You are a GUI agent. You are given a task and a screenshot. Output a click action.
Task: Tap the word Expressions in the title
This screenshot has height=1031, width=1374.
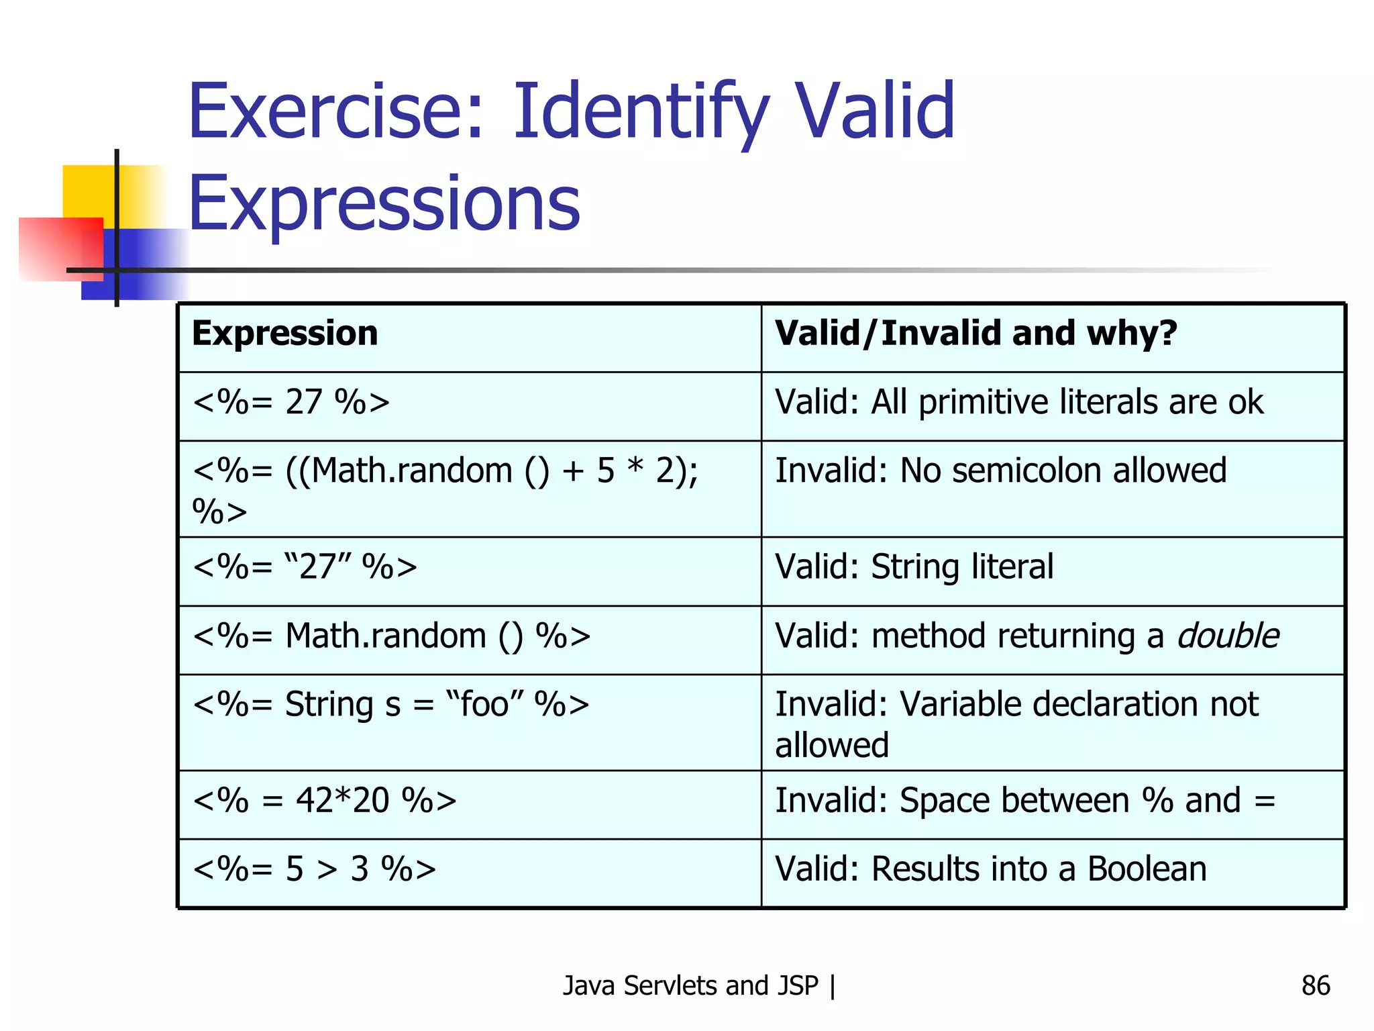click(384, 203)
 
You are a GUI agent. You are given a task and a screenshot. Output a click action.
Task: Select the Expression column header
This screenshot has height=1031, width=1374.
click(284, 334)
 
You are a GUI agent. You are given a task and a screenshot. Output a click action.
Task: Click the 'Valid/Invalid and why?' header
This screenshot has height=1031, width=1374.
click(975, 334)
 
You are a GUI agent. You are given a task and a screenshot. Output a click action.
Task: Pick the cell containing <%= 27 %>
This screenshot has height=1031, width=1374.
click(290, 403)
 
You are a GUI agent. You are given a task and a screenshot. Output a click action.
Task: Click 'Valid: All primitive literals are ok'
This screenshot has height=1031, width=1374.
click(1018, 403)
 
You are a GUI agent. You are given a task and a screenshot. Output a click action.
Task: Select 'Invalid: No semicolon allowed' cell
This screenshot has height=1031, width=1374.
click(1000, 471)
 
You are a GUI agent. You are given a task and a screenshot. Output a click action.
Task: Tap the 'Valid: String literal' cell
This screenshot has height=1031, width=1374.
click(914, 567)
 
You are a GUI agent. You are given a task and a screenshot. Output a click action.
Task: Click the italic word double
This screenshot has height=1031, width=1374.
click(1228, 636)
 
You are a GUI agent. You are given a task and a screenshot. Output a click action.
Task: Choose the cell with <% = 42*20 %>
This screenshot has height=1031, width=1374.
click(324, 801)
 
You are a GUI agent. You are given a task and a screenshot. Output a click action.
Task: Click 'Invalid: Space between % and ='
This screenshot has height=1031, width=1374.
click(1024, 801)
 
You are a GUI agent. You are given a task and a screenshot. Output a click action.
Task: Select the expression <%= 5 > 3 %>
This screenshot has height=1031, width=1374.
click(314, 869)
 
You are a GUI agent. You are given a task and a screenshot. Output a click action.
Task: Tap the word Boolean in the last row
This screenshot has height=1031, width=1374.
click(1147, 869)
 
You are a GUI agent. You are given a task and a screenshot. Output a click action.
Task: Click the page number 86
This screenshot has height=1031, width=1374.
click(1315, 985)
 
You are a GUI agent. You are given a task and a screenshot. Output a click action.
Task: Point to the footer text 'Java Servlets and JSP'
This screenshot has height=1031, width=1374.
click(690, 985)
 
